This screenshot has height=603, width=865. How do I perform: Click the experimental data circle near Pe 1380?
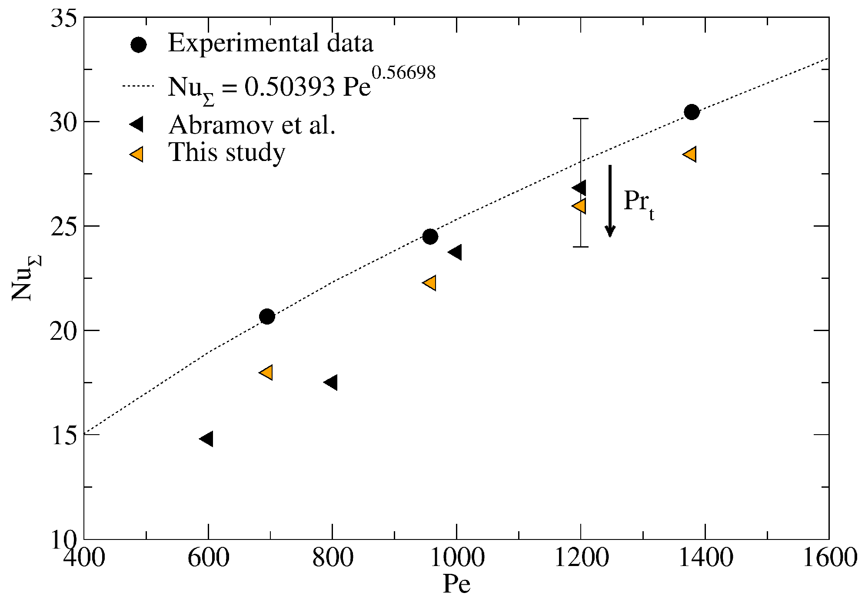pyautogui.click(x=692, y=112)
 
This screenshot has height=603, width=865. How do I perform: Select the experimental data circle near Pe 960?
pyautogui.click(x=430, y=237)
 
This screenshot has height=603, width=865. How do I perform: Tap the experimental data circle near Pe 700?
pyautogui.click(x=267, y=317)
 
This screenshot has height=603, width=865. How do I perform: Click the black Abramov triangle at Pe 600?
pyautogui.click(x=207, y=439)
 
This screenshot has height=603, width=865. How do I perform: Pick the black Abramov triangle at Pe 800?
pyautogui.click(x=332, y=382)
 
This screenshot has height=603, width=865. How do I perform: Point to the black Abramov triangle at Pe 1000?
pyautogui.click(x=456, y=252)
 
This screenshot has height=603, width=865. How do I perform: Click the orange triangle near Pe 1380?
pyautogui.click(x=690, y=154)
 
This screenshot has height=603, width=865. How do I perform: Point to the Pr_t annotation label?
pyautogui.click(x=638, y=203)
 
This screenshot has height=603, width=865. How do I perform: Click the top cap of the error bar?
pyautogui.click(x=580, y=118)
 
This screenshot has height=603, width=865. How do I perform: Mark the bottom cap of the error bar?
pyautogui.click(x=580, y=247)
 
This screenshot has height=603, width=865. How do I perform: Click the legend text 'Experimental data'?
pyautogui.click(x=270, y=44)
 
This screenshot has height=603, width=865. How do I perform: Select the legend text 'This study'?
pyautogui.click(x=226, y=153)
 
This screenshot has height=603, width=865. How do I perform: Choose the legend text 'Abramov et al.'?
pyautogui.click(x=252, y=125)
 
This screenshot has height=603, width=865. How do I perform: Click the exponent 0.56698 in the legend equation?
pyautogui.click(x=403, y=73)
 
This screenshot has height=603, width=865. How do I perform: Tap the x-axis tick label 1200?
pyautogui.click(x=581, y=558)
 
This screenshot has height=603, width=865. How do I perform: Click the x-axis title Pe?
pyautogui.click(x=456, y=584)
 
